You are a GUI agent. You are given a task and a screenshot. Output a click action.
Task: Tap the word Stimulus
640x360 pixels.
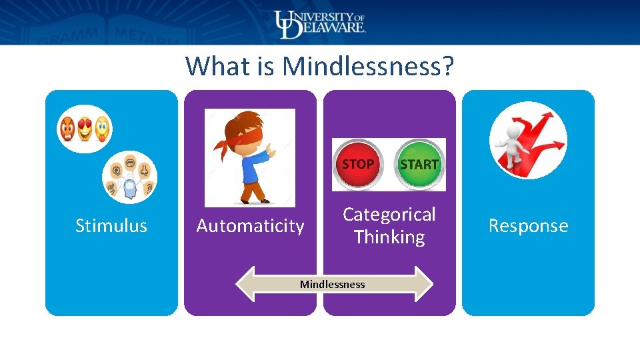coord(111,226)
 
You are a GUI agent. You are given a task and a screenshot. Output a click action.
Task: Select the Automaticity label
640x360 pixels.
coord(250,226)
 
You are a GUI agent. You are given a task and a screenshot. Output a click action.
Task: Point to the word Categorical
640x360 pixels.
coord(389,214)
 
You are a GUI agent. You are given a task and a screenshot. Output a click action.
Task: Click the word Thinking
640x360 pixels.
coord(389,237)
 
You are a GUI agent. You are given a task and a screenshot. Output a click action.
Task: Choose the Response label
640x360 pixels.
coord(528,226)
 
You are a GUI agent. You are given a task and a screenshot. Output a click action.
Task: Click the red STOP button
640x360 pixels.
coord(358,164)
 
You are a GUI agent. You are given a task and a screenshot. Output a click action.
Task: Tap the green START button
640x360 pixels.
coord(419,164)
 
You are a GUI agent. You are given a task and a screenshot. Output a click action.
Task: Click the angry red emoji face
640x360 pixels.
coord(68,128)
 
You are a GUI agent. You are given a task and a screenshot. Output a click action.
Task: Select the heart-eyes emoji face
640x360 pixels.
coord(85,128)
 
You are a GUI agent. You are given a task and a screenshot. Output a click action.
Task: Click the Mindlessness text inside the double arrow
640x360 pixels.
coord(332,285)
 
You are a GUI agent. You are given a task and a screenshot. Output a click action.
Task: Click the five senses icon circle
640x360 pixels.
coord(129,177)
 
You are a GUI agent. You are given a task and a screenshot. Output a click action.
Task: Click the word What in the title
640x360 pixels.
coord(209,67)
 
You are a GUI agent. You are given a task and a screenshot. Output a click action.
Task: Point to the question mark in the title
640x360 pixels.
coord(449,67)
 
